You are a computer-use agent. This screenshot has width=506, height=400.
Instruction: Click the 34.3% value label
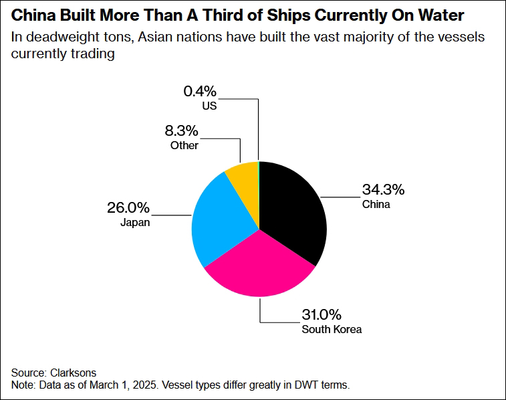point(383,189)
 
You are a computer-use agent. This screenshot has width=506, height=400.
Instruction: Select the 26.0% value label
point(128,207)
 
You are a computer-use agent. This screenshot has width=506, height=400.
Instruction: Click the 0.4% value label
point(201,91)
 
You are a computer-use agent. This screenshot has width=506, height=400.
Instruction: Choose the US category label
point(210,106)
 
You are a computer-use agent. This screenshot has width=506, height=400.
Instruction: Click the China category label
point(376,204)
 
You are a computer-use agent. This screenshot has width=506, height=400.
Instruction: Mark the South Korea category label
point(332,329)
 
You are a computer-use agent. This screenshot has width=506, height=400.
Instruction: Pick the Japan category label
point(136,223)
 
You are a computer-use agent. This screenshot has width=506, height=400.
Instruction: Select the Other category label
point(184,144)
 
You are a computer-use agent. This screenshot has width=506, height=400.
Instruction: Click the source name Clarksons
point(73,372)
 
